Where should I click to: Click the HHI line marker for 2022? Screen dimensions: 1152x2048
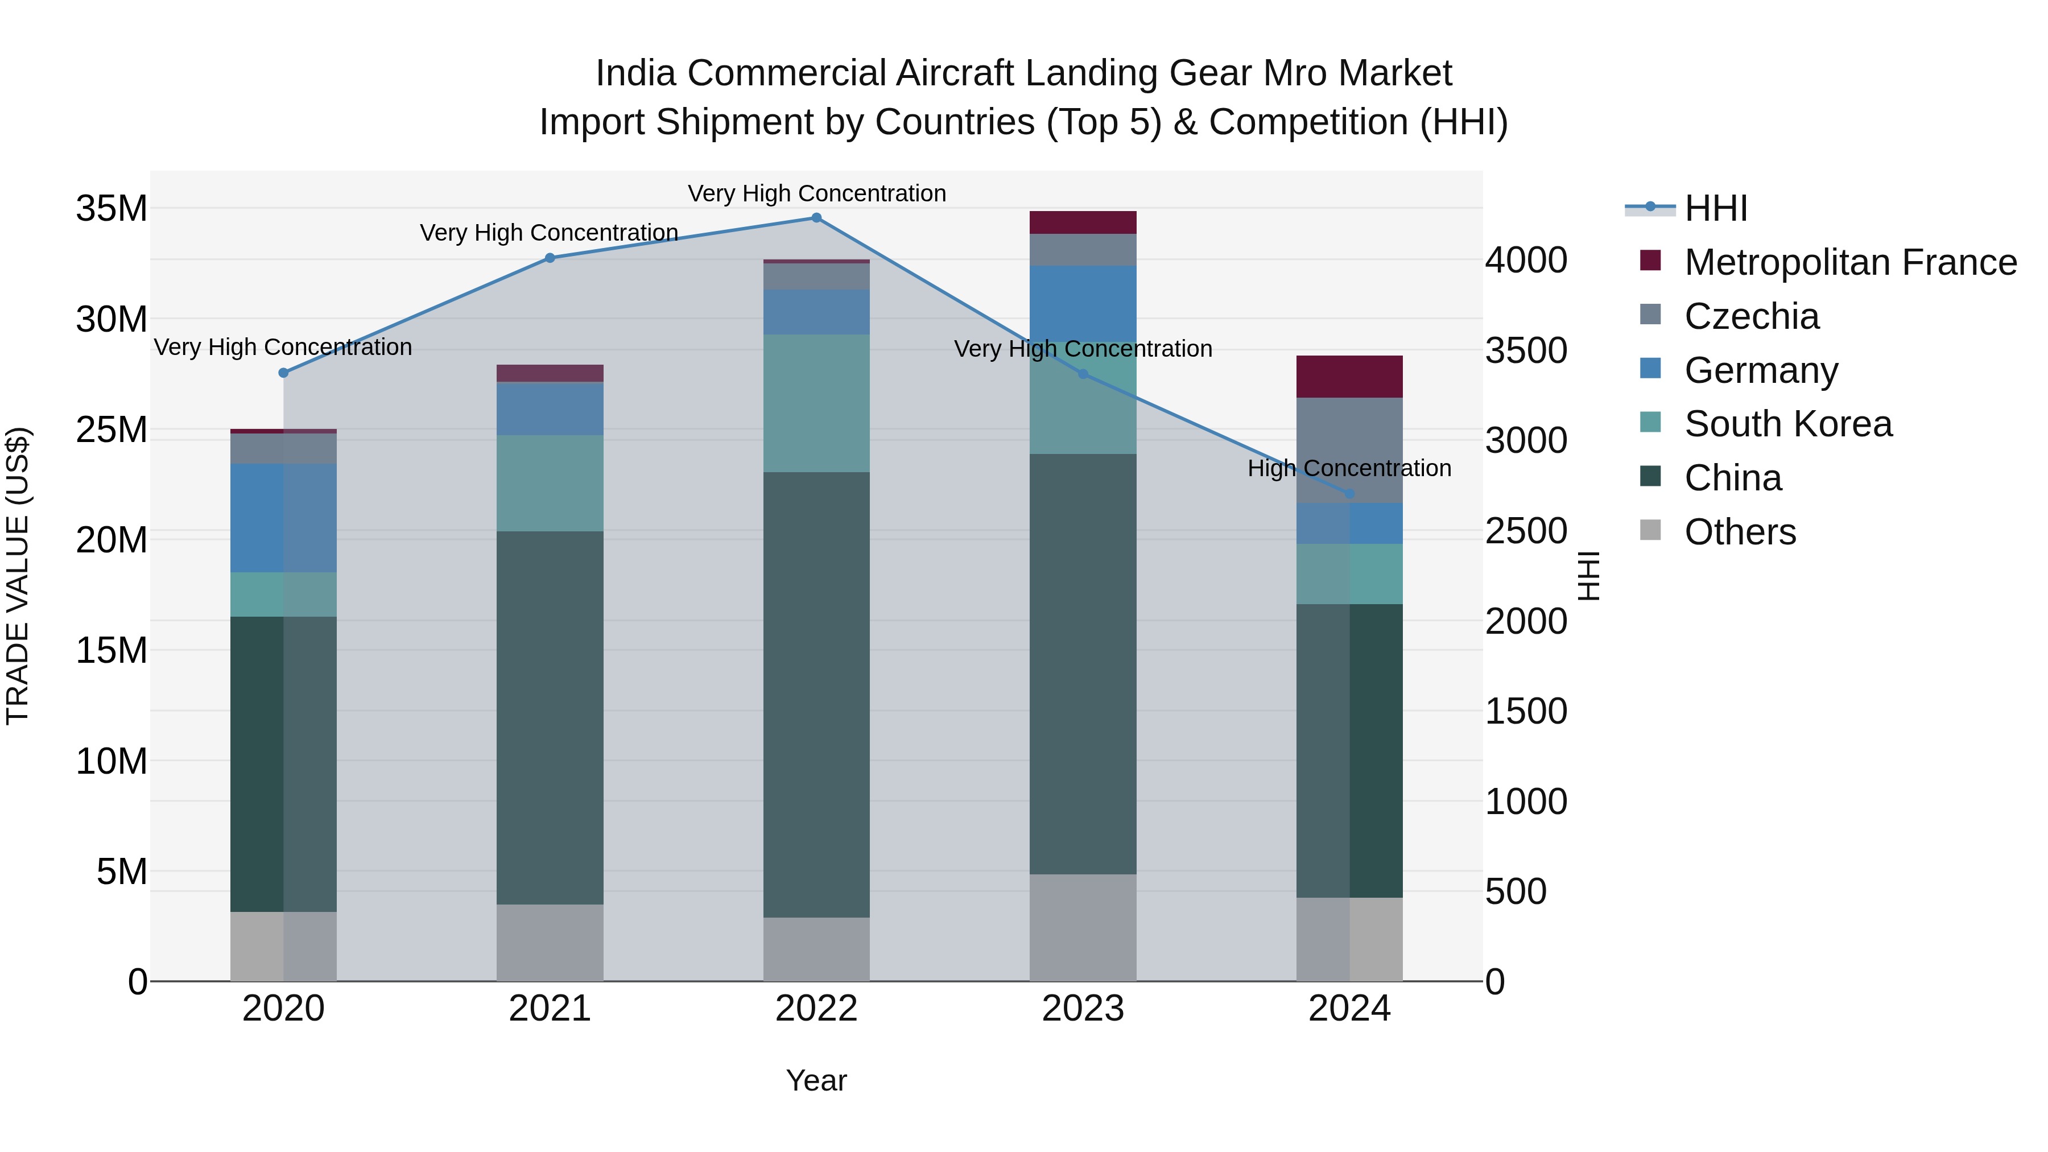coord(816,218)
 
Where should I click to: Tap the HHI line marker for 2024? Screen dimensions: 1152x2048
coord(1349,494)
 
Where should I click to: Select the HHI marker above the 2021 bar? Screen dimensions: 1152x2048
coord(550,258)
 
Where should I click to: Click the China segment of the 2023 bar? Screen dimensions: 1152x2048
coord(1083,664)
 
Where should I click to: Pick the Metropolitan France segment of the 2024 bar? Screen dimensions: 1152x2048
coord(1349,377)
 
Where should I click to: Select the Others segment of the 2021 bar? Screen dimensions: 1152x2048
coord(550,942)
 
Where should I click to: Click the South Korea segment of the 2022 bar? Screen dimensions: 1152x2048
coord(816,403)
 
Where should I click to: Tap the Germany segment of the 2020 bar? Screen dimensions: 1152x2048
coord(283,518)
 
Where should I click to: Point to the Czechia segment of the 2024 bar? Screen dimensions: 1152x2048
coord(1349,450)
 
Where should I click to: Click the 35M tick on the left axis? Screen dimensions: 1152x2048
coord(112,209)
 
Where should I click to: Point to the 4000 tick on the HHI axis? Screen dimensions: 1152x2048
coord(1526,260)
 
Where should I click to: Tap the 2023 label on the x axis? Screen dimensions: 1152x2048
coord(1083,1009)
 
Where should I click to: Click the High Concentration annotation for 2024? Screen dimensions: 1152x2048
coord(1349,468)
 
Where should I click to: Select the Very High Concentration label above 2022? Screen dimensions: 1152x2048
coord(816,193)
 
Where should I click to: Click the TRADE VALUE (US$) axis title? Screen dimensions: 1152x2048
coord(18,576)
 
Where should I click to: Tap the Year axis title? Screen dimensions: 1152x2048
coord(816,1080)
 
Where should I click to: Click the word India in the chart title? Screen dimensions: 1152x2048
coord(635,73)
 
